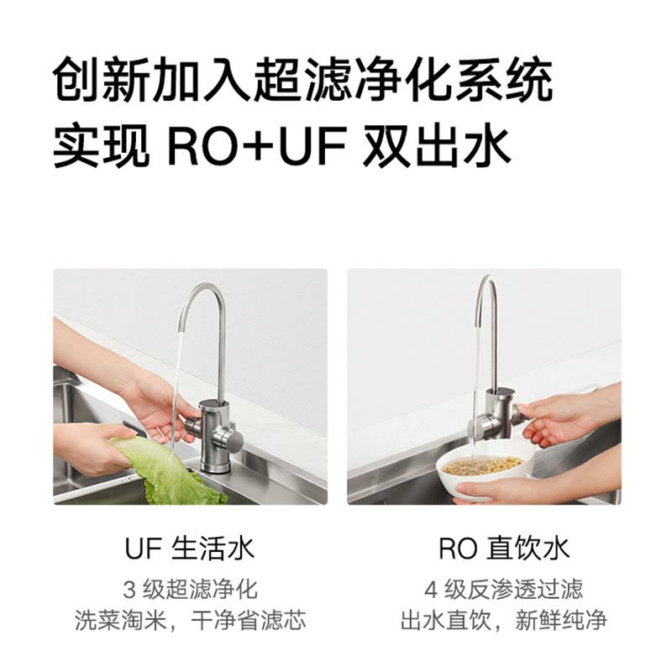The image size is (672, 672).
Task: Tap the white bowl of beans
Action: (484, 471)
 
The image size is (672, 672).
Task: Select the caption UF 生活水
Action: (190, 549)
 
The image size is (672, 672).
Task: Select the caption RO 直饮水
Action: (504, 549)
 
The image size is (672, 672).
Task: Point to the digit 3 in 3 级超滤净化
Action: (129, 590)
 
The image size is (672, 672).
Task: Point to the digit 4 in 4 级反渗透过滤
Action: (431, 590)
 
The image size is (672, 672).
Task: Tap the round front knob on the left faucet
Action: (234, 439)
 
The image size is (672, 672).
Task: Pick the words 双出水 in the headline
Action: (436, 144)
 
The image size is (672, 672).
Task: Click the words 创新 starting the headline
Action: (102, 81)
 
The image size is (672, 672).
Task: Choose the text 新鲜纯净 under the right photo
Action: (561, 620)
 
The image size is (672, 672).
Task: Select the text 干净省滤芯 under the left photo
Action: (248, 620)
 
